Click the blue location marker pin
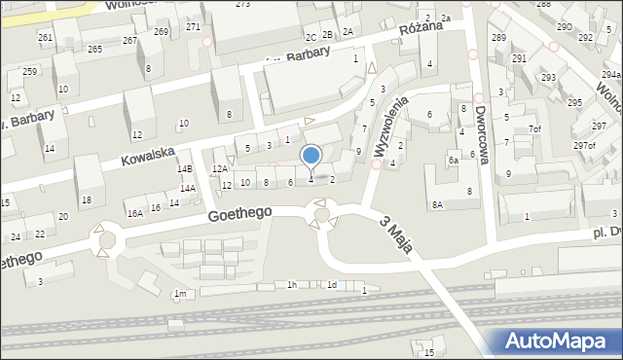click(x=311, y=156)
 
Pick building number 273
click(x=242, y=5)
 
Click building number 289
click(x=498, y=38)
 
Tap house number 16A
click(x=134, y=212)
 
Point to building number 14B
click(x=184, y=169)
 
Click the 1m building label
click(x=179, y=293)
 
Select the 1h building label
click(x=291, y=284)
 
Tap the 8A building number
click(x=438, y=204)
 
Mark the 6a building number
click(x=453, y=160)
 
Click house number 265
click(x=94, y=49)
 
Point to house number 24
click(x=16, y=237)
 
